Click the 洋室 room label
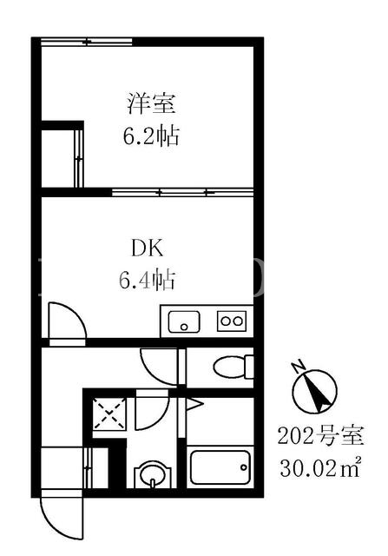tap(151, 103)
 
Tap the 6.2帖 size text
tap(151, 136)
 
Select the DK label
tap(147, 248)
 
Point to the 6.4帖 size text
tap(147, 280)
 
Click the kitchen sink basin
tap(184, 321)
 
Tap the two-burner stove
tap(232, 321)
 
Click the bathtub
tap(220, 467)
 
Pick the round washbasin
tap(153, 474)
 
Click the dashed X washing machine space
tap(109, 414)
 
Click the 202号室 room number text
tap(321, 436)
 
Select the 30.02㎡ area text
tap(320, 468)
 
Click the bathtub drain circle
tap(244, 467)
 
